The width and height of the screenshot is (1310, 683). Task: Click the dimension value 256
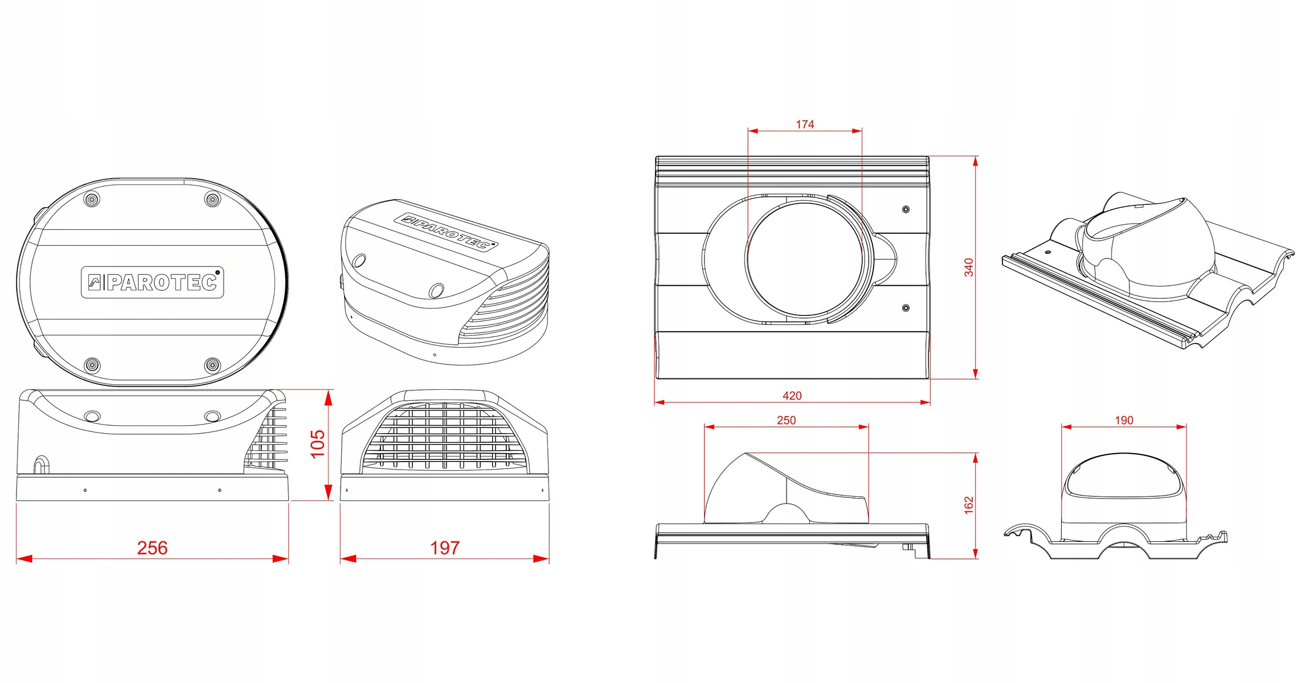[x=152, y=548]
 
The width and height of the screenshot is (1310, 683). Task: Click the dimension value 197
[x=445, y=548]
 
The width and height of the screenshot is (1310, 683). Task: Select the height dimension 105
[x=317, y=444]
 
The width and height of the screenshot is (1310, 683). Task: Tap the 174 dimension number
[x=805, y=124]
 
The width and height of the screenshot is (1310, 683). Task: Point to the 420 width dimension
[x=792, y=396]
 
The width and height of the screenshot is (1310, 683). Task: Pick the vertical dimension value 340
[x=969, y=268]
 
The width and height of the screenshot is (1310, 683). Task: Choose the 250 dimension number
[x=787, y=420]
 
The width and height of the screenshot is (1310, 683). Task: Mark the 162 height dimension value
[x=969, y=505]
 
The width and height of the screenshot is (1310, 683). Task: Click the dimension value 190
[x=1124, y=420]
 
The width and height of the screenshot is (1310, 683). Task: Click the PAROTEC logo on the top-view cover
[x=152, y=282]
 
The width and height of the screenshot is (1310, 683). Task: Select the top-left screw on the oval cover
[x=92, y=199]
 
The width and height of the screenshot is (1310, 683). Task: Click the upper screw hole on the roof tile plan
[x=906, y=209]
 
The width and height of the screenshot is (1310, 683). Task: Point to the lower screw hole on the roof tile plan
[x=906, y=308]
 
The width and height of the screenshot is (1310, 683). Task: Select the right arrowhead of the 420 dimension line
[x=925, y=402]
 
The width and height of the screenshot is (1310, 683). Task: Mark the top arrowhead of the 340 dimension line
[x=976, y=161]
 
